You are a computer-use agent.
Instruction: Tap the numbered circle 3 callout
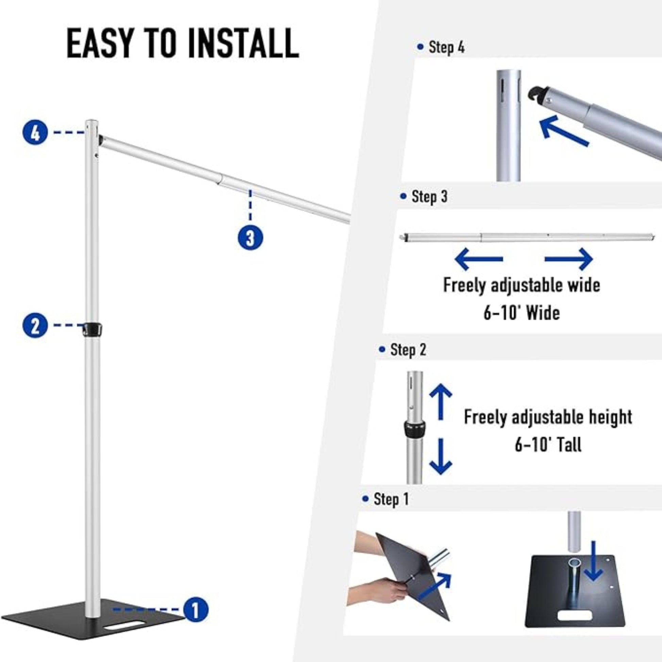tap(250, 237)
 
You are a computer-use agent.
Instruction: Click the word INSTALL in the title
tap(244, 44)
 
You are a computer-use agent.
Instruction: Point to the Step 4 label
tap(441, 47)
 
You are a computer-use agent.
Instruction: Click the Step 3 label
tap(424, 197)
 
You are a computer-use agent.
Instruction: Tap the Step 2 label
tap(403, 350)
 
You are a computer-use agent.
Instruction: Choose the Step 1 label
tap(386, 499)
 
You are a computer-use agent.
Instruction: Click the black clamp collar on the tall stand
tap(93, 329)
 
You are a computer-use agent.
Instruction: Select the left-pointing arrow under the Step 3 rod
tap(479, 259)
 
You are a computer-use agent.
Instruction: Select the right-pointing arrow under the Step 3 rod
tap(569, 259)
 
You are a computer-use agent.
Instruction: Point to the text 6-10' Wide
tap(522, 313)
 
